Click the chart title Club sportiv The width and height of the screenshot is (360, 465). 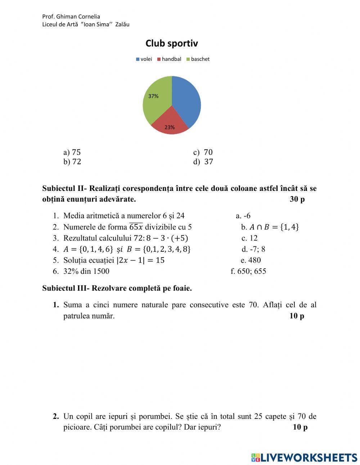tap(172, 44)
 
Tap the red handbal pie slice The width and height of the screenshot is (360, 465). tap(170, 122)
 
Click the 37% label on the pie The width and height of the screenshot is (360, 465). tap(153, 96)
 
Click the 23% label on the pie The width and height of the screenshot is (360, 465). tap(170, 127)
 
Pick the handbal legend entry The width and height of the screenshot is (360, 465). tap(169, 59)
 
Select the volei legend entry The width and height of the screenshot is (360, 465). tap(144, 59)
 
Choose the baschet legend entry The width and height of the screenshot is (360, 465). tap(198, 59)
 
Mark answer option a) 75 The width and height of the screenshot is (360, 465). tap(72, 152)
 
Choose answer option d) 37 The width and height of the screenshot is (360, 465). tap(203, 162)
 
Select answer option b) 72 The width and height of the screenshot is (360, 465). tap(72, 162)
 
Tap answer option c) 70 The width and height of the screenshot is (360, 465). tap(203, 152)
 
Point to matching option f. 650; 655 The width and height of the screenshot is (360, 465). tap(248, 271)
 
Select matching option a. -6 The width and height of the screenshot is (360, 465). tap(243, 216)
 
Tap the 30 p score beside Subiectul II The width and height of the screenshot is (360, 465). tap(297, 199)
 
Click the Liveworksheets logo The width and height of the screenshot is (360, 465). tap(304, 457)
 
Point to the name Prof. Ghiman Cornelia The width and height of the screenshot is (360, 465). tap(71, 17)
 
